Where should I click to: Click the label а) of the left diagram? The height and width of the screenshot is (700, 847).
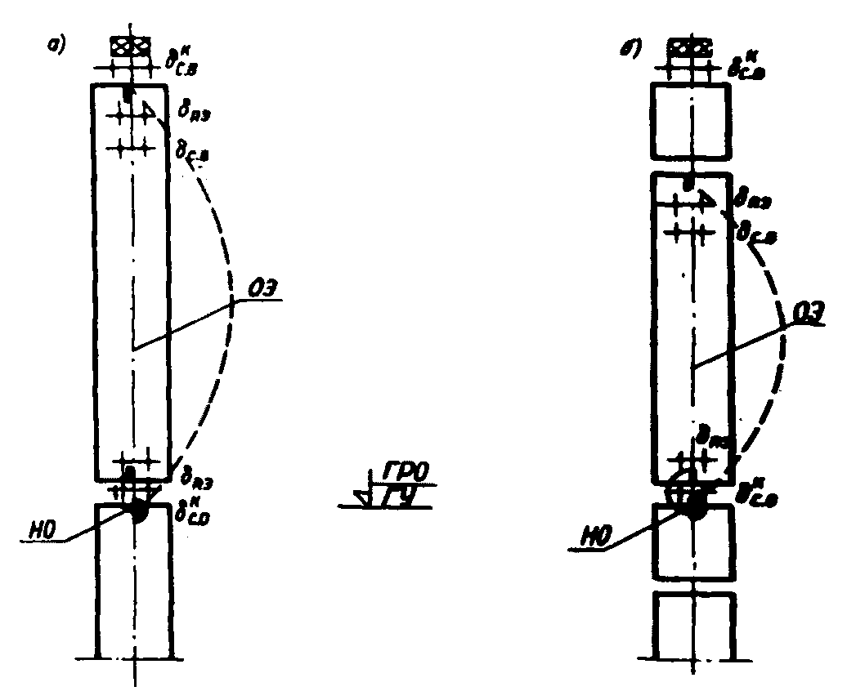[x=56, y=46]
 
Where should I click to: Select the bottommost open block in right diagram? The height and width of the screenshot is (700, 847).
[x=693, y=624]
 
